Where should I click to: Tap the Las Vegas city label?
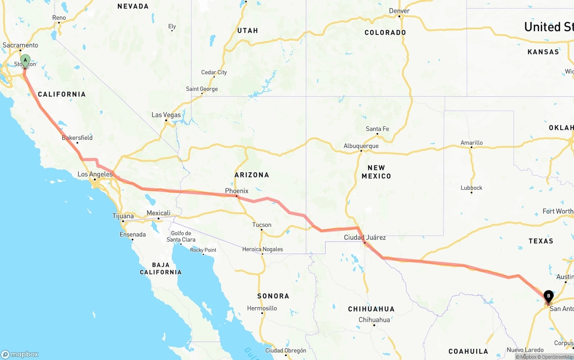[166, 115]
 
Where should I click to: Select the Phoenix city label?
[236, 191]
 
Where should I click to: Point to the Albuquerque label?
[361, 146]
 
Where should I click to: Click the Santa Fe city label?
[377, 129]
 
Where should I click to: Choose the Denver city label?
[399, 11]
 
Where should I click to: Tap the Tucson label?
[261, 225]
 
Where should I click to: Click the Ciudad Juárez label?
[365, 237]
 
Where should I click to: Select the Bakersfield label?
[77, 138]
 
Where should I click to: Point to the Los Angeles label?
[95, 174]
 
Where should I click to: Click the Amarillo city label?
[471, 143]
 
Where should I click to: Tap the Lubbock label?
[471, 187]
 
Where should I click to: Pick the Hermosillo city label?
[262, 308]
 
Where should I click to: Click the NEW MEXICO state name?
[376, 172]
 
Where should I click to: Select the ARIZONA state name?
[252, 175]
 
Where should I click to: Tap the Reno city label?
[59, 18]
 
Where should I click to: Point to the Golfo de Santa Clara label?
[181, 236]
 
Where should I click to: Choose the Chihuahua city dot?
[374, 325]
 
